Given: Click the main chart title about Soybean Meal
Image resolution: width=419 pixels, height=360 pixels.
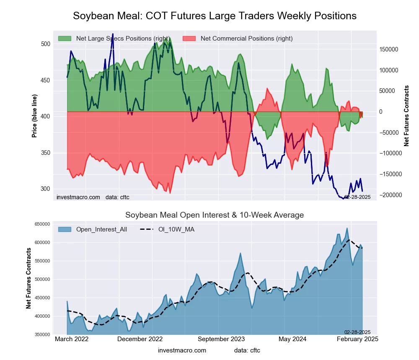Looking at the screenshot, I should pos(215,16).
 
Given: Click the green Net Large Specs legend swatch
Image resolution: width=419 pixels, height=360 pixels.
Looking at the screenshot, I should pos(65,39).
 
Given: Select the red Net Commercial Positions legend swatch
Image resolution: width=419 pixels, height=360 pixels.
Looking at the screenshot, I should pos(189,39).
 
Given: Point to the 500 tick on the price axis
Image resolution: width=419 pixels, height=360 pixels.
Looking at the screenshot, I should pos(46,44).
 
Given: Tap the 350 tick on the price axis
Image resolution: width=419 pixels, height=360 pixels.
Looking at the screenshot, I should pos(46,153).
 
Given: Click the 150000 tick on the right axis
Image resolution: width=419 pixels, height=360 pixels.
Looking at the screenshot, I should pos(389,49).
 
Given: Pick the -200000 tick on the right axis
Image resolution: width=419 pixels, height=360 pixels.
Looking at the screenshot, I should pos(390,195).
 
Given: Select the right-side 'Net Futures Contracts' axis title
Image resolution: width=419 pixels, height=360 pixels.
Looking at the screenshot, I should pos(406,116).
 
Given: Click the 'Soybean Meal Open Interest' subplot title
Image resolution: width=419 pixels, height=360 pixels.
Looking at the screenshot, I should pos(215,215).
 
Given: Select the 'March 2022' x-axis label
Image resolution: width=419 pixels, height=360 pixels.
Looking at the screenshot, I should pos(72,339).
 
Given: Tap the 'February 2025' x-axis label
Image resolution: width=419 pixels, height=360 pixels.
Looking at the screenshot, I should pos(357,339).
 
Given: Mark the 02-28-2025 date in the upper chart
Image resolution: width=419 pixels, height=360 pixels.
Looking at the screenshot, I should pos(357,197).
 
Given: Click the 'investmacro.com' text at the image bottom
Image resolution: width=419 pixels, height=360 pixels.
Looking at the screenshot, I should pos(182,350).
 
